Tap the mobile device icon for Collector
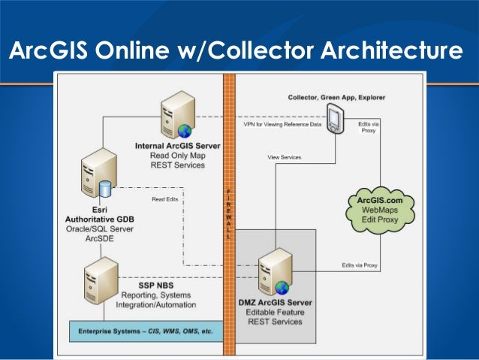pyautogui.click(x=336, y=116)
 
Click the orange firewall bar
pyautogui.click(x=230, y=210)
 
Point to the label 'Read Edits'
pyautogui.click(x=165, y=199)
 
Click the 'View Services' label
pyautogui.click(x=285, y=157)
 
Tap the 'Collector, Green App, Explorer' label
pyautogui.click(x=326, y=98)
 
